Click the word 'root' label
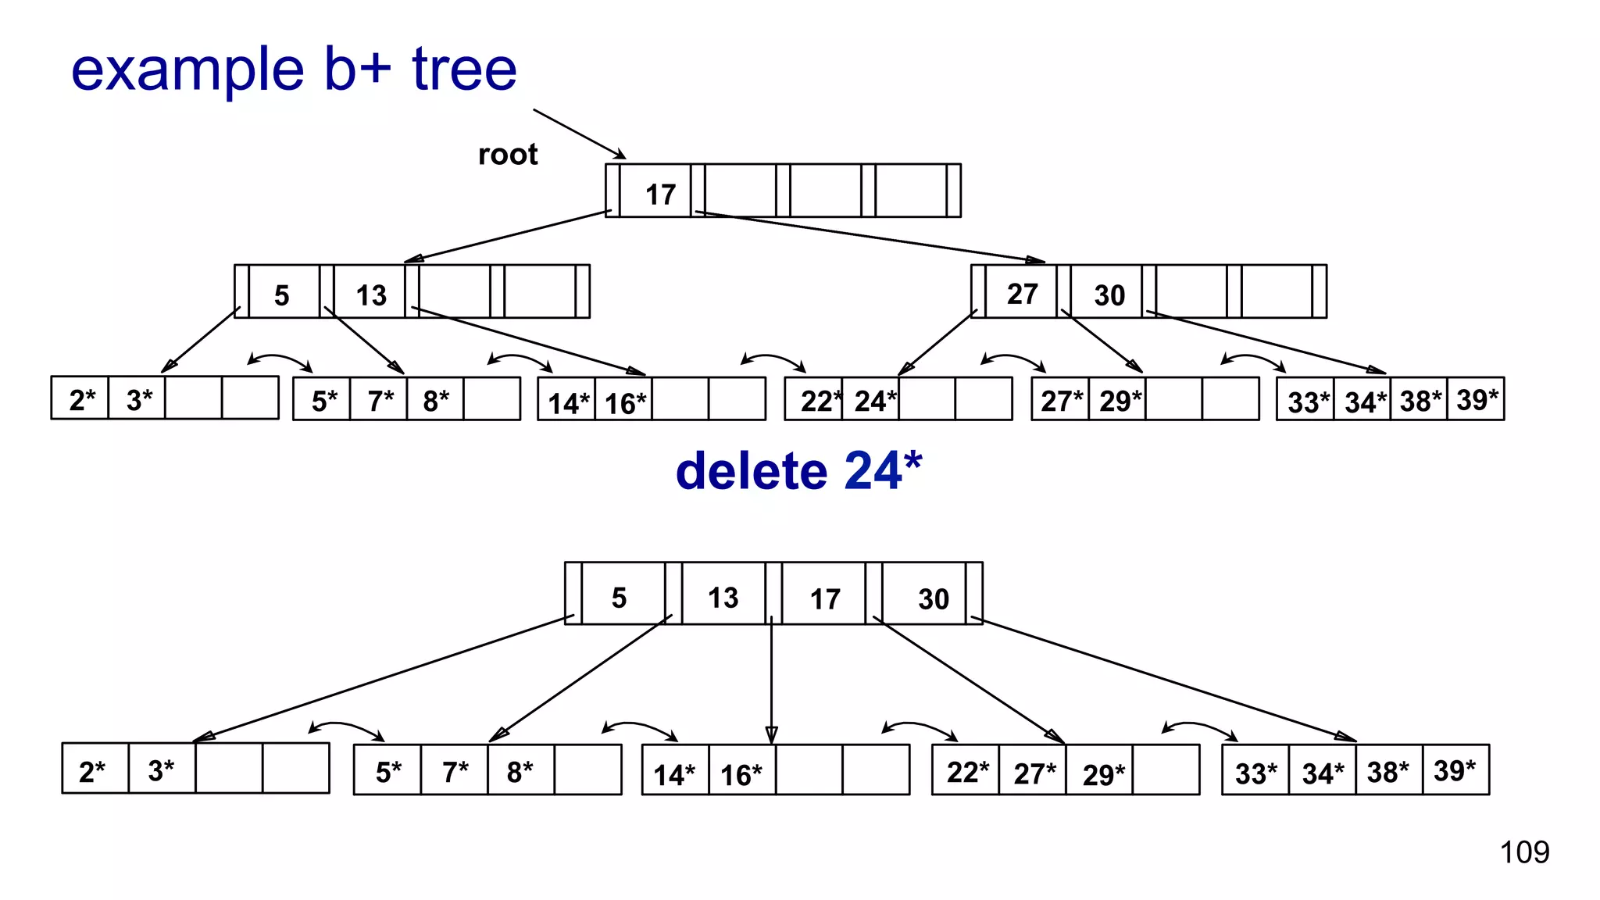(x=508, y=155)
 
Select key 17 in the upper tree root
(x=660, y=195)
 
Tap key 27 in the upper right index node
(x=1022, y=294)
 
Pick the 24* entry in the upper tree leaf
(x=874, y=401)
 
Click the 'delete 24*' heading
(x=798, y=471)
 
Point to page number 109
(x=1524, y=852)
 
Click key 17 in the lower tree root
(x=825, y=599)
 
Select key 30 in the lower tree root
(x=933, y=599)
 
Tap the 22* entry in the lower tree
(x=967, y=772)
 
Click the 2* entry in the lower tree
(x=92, y=772)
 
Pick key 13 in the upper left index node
(x=371, y=295)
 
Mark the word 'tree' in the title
(x=464, y=70)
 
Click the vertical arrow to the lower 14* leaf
(x=772, y=680)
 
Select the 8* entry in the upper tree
(x=436, y=401)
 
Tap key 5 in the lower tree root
(x=619, y=598)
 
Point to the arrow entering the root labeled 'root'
(x=579, y=134)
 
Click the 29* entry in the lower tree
(x=1103, y=774)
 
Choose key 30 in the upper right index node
(x=1109, y=295)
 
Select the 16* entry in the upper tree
(x=625, y=403)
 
